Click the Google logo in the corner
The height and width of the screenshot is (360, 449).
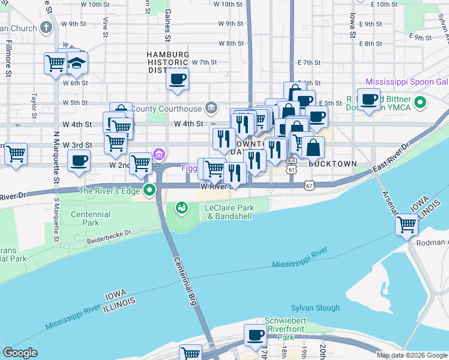(x=20, y=353)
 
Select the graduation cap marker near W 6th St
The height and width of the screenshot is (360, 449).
(x=76, y=63)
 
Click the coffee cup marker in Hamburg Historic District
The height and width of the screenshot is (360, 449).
(x=177, y=79)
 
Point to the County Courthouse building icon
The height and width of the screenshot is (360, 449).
(x=211, y=108)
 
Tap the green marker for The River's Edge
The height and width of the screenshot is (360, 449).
(x=149, y=191)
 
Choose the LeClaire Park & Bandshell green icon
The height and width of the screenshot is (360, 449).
(x=181, y=208)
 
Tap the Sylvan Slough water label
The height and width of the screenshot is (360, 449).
(x=315, y=308)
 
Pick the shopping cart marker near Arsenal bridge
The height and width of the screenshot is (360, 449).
(x=407, y=225)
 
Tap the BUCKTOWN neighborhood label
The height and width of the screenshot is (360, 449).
(x=333, y=163)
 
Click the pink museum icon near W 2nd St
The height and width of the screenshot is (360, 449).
(x=159, y=155)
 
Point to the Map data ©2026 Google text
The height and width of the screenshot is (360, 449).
(x=412, y=355)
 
